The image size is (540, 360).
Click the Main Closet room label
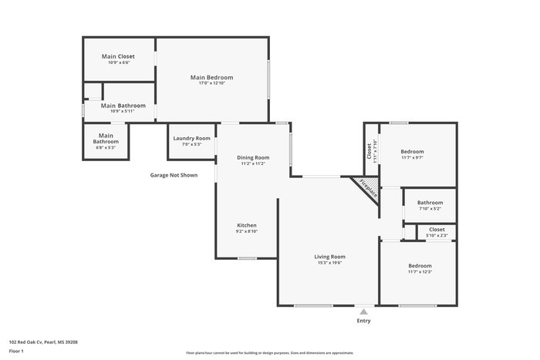click(x=118, y=56)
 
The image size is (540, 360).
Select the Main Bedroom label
click(x=212, y=77)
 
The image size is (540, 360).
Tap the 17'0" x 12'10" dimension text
click(x=212, y=83)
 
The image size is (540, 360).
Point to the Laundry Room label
click(x=191, y=138)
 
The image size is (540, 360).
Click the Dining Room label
click(x=253, y=157)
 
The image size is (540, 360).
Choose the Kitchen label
click(x=246, y=225)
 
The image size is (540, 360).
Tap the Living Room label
click(x=329, y=256)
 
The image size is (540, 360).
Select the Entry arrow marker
click(x=363, y=311)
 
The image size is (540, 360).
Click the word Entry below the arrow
click(x=363, y=321)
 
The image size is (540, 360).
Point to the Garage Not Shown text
click(x=174, y=175)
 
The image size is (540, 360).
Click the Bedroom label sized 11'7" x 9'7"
click(x=412, y=151)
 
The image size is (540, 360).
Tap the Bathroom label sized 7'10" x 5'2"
click(x=430, y=203)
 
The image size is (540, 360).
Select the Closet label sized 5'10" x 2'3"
click(x=437, y=229)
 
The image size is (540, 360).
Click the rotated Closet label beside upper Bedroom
click(x=370, y=146)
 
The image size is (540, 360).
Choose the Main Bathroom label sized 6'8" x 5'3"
click(x=106, y=138)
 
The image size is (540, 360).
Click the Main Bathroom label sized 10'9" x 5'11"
click(x=123, y=106)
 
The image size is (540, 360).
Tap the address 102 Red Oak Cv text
click(x=43, y=341)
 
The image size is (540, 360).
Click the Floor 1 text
click(x=17, y=351)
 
